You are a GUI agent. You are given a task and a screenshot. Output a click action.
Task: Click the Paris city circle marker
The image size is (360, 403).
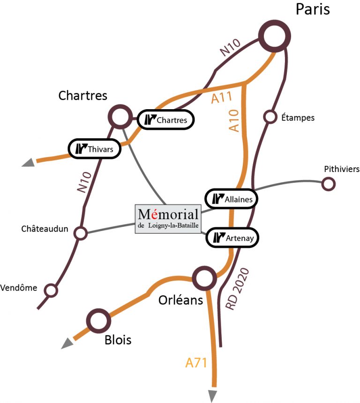pyautogui.click(x=275, y=37)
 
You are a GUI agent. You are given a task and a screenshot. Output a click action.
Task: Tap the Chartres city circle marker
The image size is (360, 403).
pyautogui.click(x=120, y=117)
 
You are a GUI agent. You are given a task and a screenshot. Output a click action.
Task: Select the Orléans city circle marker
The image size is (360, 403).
pyautogui.click(x=204, y=278)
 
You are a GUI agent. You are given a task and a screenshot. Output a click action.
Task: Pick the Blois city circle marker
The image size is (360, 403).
pyautogui.click(x=99, y=321)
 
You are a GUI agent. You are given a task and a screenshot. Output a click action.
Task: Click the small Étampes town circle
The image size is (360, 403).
pyautogui.click(x=270, y=117)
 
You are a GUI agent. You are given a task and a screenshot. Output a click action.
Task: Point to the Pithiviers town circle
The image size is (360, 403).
pyautogui.click(x=328, y=184)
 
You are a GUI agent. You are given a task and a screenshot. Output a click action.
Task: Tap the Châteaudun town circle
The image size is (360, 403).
pyautogui.click(x=81, y=233)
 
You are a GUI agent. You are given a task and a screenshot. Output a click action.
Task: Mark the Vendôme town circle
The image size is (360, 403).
pyautogui.click(x=51, y=291)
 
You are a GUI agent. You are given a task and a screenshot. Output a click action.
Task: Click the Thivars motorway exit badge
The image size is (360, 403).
pyautogui.click(x=95, y=149)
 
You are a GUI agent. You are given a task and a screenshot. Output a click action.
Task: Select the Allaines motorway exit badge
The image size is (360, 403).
pyautogui.click(x=232, y=199)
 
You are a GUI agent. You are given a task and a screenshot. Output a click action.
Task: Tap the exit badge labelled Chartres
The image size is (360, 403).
pyautogui.click(x=166, y=119)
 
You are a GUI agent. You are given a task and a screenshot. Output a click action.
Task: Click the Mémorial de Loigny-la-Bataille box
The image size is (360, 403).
pyautogui.click(x=168, y=219)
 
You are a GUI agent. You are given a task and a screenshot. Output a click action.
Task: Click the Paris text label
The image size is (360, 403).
pyautogui.click(x=313, y=9)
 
